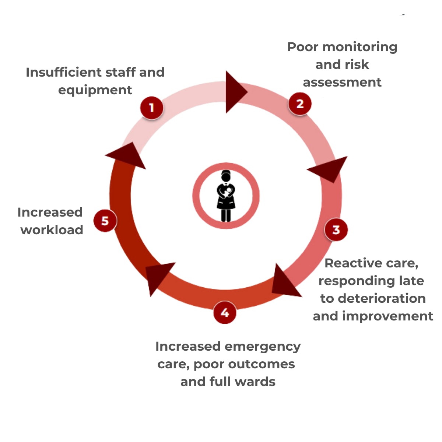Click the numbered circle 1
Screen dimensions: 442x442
coord(151,108)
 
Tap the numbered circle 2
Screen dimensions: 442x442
coord(300,104)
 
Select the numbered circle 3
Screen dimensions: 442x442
coord(336,230)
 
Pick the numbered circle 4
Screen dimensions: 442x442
coord(225,313)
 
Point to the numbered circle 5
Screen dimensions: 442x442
coord(105,221)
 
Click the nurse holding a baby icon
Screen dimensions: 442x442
coord(226,196)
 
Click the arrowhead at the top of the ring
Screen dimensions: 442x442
coord(234,92)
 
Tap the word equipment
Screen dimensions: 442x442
coord(95,90)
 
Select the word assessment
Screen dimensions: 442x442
coord(342,82)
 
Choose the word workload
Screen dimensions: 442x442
coord(52,230)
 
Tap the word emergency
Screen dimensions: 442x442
coord(262,347)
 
